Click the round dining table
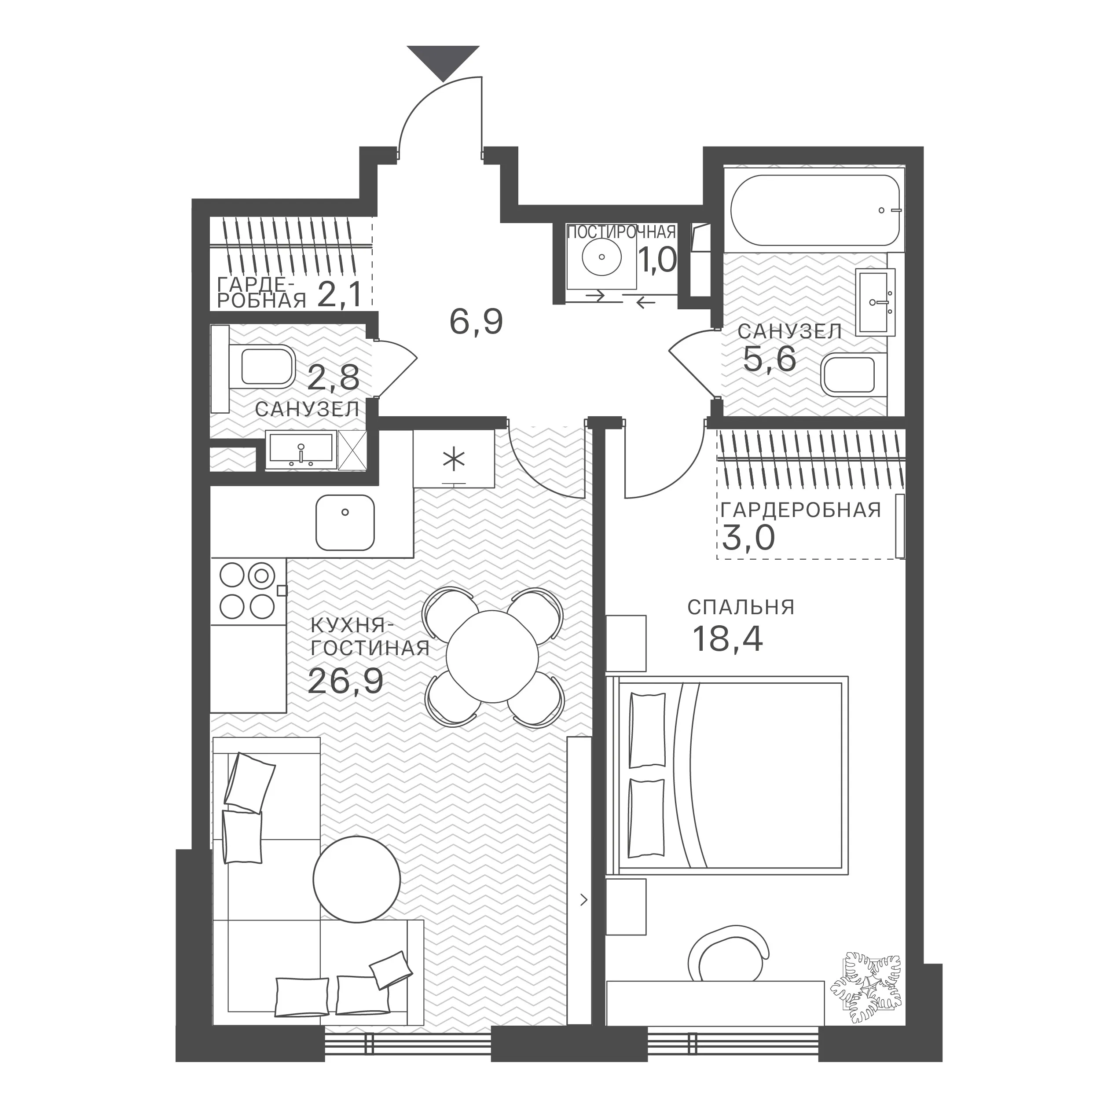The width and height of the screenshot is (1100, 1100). coord(492,656)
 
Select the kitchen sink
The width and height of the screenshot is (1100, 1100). coord(345,523)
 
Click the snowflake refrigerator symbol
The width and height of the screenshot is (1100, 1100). coord(454,461)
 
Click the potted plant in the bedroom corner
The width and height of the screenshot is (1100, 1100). coord(865,989)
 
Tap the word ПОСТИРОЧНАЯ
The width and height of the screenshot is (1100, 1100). coord(622,232)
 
